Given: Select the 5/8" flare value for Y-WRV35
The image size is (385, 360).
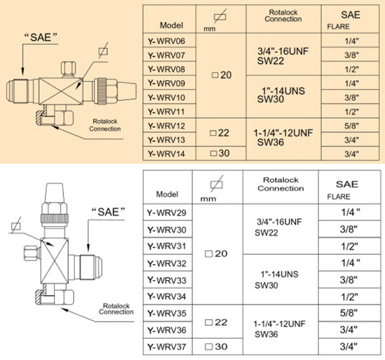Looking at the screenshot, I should (x=349, y=313).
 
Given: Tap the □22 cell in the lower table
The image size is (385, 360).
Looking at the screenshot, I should (x=217, y=322).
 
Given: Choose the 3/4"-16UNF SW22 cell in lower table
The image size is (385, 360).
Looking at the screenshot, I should (x=280, y=229).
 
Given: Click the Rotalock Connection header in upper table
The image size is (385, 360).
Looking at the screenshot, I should (x=283, y=15).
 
